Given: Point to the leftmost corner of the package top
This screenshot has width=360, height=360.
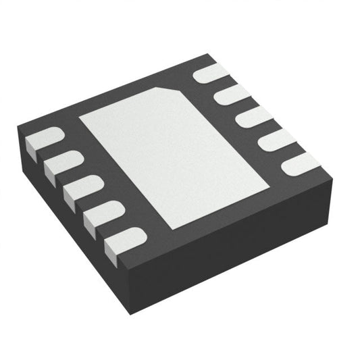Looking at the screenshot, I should tap(19, 126).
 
